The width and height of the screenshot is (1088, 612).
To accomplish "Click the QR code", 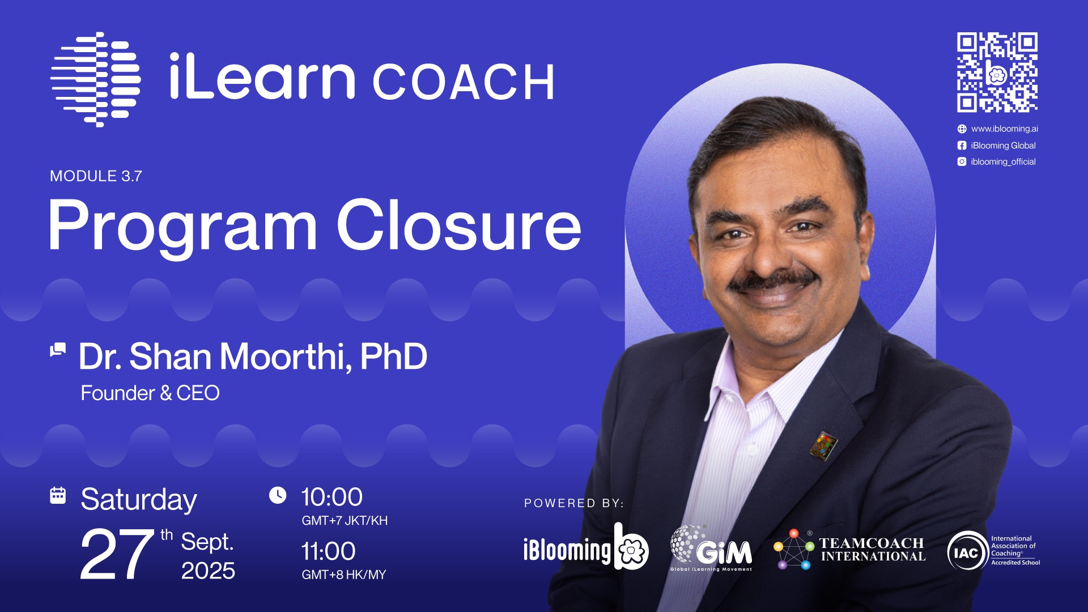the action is click(x=997, y=72).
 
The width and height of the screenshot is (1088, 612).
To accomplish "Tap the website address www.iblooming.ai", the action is click(x=1004, y=129).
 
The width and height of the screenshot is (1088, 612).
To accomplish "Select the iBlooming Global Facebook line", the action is click(x=1003, y=146).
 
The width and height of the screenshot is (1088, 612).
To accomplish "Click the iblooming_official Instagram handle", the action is click(x=1003, y=161).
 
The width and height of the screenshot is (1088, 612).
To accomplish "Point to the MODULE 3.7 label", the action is click(x=96, y=176).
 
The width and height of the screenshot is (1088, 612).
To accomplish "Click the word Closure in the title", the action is click(x=459, y=225).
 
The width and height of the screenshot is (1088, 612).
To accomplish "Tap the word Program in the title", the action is click(x=182, y=229).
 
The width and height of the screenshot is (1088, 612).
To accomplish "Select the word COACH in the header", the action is click(x=463, y=82).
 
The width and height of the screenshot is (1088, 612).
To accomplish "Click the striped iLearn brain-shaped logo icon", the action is click(x=96, y=79).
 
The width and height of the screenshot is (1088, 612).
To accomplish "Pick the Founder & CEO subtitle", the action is click(x=150, y=393).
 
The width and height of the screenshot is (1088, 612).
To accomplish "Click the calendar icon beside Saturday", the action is click(x=58, y=495).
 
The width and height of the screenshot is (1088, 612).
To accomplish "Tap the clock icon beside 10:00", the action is click(x=278, y=495).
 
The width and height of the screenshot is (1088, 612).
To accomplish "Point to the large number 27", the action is click(x=117, y=554).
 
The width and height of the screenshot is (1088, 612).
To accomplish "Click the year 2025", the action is click(x=208, y=571).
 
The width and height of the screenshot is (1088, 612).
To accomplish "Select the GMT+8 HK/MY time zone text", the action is click(x=344, y=575).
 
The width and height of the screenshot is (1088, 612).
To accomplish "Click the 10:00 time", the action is click(x=332, y=497).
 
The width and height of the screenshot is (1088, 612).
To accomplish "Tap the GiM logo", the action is click(x=711, y=548).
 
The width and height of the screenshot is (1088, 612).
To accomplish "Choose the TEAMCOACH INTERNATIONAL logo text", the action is click(x=873, y=550).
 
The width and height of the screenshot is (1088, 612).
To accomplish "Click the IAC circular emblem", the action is click(x=967, y=551).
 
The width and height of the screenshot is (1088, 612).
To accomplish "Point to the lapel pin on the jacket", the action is click(x=823, y=445).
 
